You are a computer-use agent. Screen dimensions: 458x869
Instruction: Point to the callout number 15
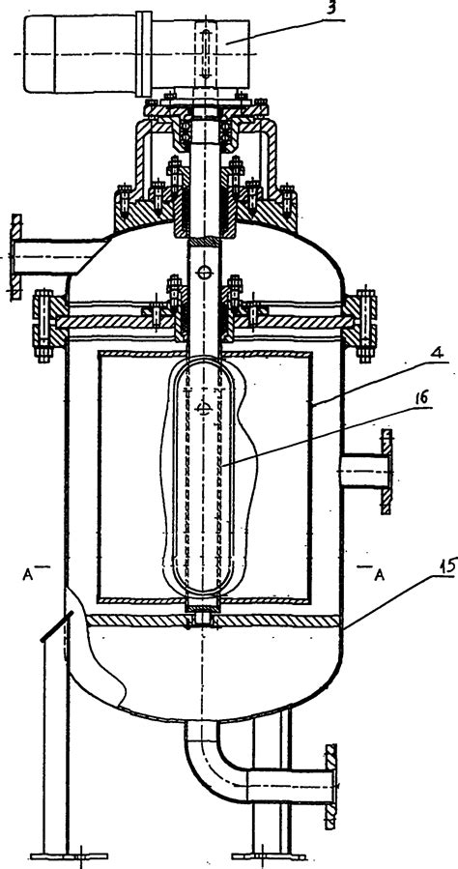pos(447,566)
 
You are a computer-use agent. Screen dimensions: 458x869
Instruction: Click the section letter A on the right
pos(379,574)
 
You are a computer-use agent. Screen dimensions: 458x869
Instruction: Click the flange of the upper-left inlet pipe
pos(16,258)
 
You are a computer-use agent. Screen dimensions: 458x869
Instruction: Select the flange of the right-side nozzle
pos(387,470)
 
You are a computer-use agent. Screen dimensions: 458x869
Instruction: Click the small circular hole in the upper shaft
pos(205,273)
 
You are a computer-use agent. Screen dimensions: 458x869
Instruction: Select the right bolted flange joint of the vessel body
pos(362,326)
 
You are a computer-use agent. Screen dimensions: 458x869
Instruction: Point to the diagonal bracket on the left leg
pos(55,626)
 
